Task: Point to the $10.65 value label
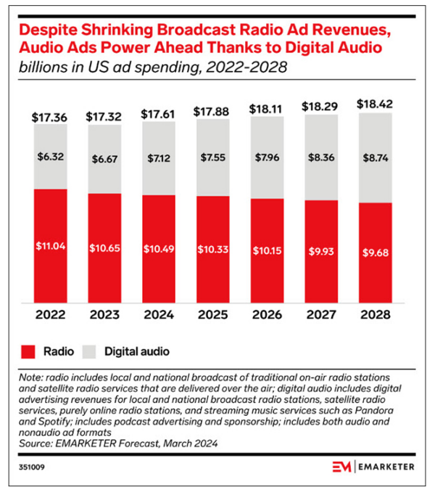click(103, 247)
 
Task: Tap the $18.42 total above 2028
click(374, 105)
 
